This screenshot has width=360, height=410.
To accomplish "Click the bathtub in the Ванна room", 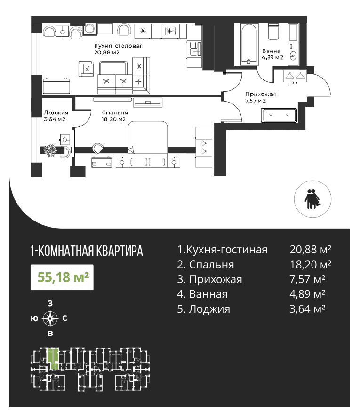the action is coord(249,44).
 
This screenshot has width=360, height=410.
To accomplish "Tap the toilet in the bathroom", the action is coord(273,32).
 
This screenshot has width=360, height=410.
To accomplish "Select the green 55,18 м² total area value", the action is coord(64,277).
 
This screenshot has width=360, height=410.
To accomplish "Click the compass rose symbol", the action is coord(50,318).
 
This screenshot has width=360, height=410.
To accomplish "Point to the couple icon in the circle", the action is coord(312,199).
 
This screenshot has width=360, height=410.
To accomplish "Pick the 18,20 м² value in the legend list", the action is coord(310,265).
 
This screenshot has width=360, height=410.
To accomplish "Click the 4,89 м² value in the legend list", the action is coord(307,294).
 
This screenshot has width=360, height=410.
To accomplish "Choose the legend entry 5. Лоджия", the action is coord(204,309).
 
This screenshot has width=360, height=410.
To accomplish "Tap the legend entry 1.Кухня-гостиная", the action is coord(222,250).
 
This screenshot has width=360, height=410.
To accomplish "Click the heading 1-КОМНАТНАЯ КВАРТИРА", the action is coord(87,251).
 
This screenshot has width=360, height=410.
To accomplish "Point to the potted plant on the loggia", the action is coord(50,150).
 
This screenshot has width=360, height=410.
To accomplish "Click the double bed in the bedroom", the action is coord(148,144).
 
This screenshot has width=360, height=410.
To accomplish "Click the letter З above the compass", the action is coord(50,303).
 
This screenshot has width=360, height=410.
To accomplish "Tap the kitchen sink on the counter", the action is coord(194,51).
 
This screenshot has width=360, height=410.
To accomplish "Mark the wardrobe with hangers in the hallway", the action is coord(295,76).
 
